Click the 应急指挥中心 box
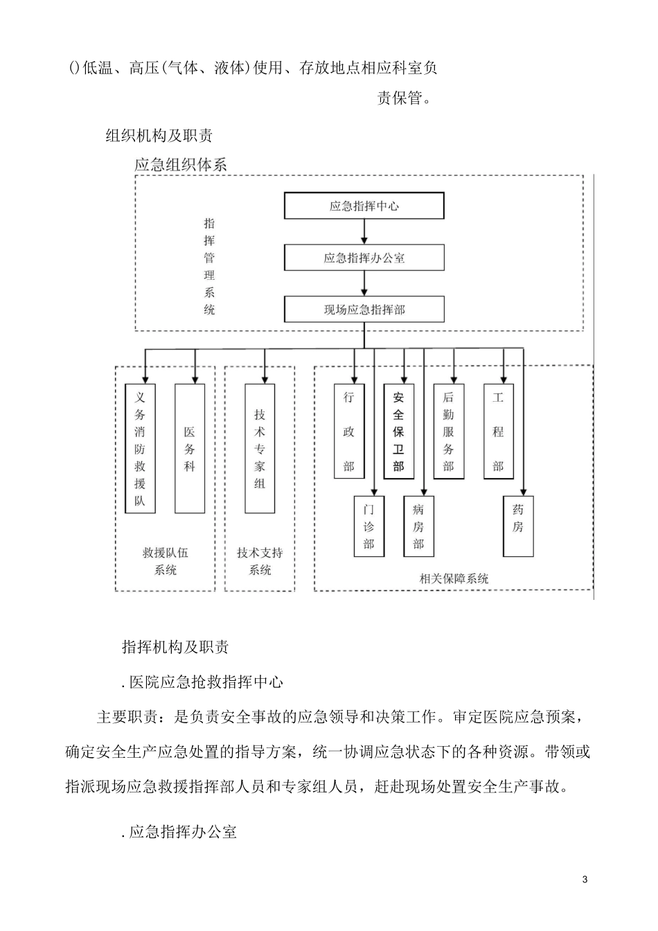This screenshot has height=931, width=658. (364, 206)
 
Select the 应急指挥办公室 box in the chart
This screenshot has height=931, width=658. (364, 258)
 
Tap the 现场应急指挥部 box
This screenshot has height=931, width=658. (364, 310)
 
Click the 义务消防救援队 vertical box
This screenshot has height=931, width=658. (140, 448)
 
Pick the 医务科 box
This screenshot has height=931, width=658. (189, 448)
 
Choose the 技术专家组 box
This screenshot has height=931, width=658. (260, 448)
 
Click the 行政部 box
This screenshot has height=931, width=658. (348, 431)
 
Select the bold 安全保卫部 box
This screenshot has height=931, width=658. (398, 431)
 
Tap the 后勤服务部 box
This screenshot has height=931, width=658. (448, 431)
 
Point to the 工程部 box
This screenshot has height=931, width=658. (498, 431)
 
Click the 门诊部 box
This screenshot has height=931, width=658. (368, 526)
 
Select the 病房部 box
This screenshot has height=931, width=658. (418, 526)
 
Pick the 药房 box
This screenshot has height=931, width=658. (518, 526)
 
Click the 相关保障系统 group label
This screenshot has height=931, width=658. (454, 578)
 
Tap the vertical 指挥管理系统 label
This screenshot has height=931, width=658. (209, 267)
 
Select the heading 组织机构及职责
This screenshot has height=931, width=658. (159, 136)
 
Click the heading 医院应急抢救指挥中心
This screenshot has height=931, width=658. (202, 682)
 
